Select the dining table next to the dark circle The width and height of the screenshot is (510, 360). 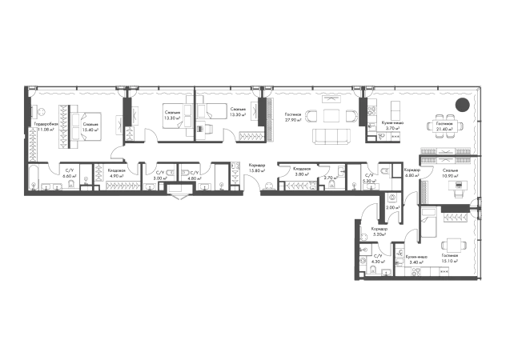point(441,126)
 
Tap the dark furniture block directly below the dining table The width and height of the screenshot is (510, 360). point(440,154)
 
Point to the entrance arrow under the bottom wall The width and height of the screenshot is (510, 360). point(179,200)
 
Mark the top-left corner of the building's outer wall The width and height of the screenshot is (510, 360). point(22,86)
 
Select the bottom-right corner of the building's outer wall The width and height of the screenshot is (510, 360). point(483,278)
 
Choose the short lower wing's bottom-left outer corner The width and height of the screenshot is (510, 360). point(355,278)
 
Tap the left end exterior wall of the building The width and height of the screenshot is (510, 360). point(22,140)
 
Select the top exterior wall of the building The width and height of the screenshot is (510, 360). point(240,86)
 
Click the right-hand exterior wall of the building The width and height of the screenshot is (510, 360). point(483,184)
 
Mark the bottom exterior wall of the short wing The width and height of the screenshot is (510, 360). point(416,278)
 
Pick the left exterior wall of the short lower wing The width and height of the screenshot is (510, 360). point(355,240)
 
